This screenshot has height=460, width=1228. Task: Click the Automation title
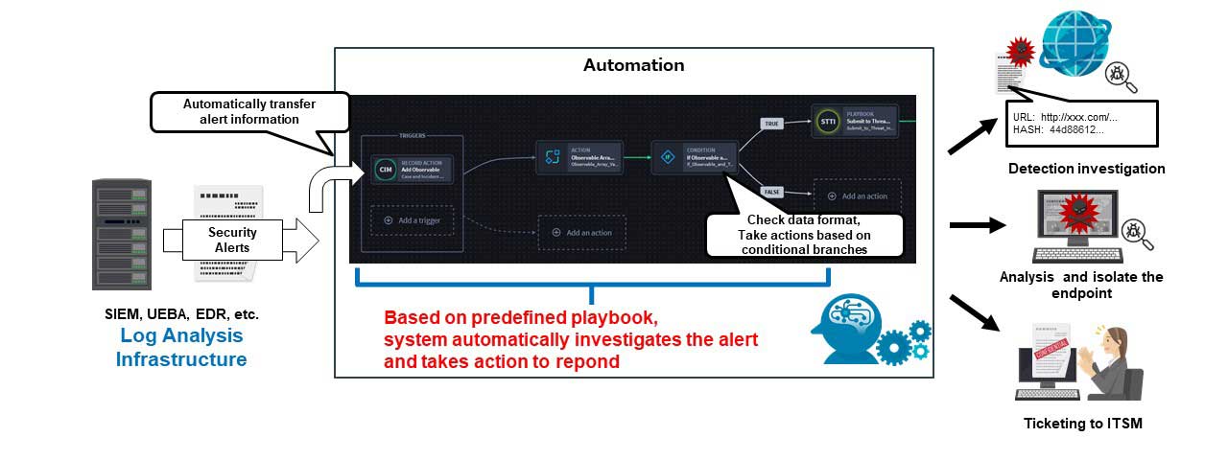(x=633, y=66)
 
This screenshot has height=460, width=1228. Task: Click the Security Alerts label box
(x=233, y=240)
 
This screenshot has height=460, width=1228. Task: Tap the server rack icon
(x=121, y=234)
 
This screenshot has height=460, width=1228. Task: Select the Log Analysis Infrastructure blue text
(x=181, y=348)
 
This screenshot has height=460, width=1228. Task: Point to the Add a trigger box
(x=412, y=220)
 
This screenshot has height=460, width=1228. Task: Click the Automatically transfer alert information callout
(x=248, y=111)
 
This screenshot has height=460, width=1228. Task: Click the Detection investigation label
(x=1086, y=169)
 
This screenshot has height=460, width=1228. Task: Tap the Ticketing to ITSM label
(x=1082, y=424)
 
